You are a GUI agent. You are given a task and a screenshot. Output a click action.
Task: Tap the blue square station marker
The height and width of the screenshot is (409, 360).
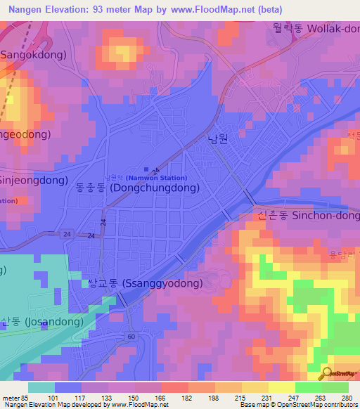pos(146,169)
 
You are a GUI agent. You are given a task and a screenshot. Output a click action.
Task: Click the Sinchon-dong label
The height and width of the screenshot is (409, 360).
pos(307,217)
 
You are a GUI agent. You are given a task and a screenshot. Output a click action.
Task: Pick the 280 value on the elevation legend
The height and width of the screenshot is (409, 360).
pos(347,398)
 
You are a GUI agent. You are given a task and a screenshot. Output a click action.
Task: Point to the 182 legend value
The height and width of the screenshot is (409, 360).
pos(187,398)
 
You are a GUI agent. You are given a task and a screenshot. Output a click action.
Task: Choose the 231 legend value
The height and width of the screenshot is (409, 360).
pos(267,398)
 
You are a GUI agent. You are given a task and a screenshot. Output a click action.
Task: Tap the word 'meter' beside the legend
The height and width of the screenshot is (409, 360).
pos(11,398)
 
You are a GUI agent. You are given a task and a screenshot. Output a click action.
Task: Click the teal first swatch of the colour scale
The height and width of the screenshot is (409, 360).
pos(41,387)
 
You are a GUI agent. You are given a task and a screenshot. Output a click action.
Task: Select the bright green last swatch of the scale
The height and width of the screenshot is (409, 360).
pos(335,387)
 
